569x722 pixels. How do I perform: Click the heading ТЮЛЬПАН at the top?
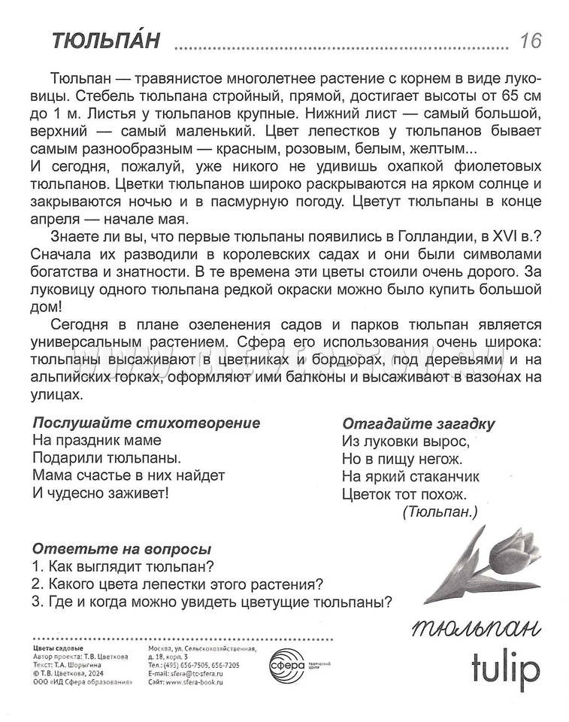[x=106, y=41]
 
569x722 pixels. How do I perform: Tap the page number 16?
[x=529, y=41]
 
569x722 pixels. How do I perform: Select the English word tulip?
[x=504, y=664]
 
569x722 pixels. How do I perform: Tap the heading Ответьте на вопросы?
[x=122, y=549]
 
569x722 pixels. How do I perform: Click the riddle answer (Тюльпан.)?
[x=440, y=512]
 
